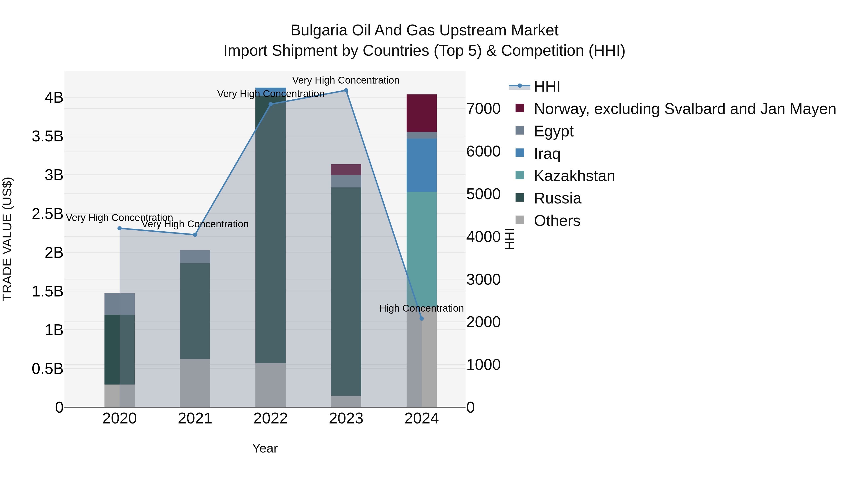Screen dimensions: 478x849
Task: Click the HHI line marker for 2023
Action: click(x=346, y=90)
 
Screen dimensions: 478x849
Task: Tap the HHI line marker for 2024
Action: click(x=421, y=319)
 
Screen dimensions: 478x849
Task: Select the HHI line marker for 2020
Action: click(x=120, y=228)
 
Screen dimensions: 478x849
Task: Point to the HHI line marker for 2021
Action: click(x=195, y=235)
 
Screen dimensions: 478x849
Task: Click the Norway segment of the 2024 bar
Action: click(x=421, y=113)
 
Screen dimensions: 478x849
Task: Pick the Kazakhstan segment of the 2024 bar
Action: click(x=421, y=247)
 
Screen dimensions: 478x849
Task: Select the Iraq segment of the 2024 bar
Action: click(x=421, y=165)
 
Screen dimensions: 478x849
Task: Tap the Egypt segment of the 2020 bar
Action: click(x=120, y=304)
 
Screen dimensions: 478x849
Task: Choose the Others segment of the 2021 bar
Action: click(x=195, y=383)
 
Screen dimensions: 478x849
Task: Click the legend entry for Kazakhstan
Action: click(x=574, y=176)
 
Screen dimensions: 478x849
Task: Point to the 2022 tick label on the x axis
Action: click(x=271, y=419)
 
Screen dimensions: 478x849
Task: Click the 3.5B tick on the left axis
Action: click(x=47, y=136)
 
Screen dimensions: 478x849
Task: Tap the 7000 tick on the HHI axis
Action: click(x=483, y=109)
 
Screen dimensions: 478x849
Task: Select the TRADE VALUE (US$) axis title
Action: click(x=7, y=239)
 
